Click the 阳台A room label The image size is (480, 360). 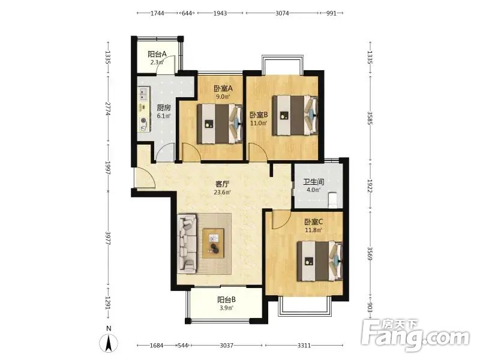[x=157, y=54]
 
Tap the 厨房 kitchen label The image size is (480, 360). [x=163, y=108]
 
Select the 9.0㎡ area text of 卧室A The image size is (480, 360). [x=223, y=97]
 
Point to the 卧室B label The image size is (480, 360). [x=259, y=115]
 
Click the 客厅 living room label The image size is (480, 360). [x=222, y=184]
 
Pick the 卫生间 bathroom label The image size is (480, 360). [x=313, y=182]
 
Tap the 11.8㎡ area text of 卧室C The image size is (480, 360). [x=313, y=230]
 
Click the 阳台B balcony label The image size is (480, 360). [x=227, y=299]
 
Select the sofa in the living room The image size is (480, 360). [x=187, y=244]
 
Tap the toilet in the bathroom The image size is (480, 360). [x=332, y=200]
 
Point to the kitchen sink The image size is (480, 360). [x=143, y=94]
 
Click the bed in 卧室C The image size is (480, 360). [x=320, y=261]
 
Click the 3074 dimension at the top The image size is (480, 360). [x=282, y=13]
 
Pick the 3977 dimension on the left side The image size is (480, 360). [x=108, y=238]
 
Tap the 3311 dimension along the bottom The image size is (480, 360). [x=304, y=346]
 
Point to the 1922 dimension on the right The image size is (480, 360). [x=370, y=186]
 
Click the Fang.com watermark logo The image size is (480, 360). [x=415, y=335]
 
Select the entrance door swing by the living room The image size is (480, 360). [x=145, y=178]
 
